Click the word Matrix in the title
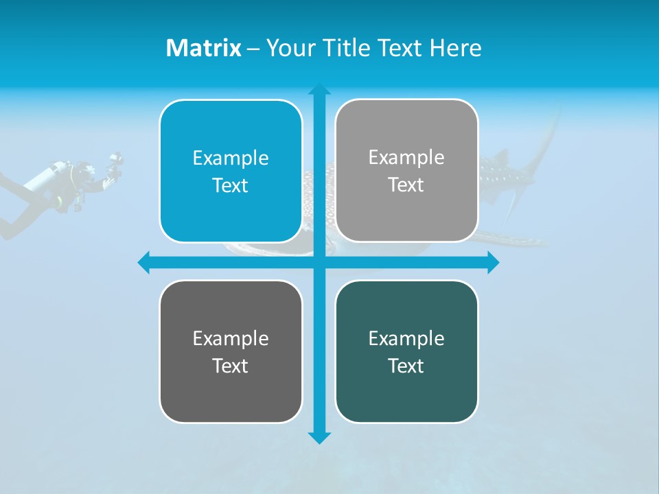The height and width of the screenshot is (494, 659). [204, 48]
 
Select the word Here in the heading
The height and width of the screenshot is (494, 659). [455, 48]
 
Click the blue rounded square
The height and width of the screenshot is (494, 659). [231, 171]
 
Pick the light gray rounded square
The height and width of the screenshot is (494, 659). [406, 171]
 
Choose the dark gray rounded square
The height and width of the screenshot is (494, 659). [231, 351]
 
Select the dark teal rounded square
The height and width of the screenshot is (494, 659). [406, 351]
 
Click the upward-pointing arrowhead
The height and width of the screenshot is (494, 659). [319, 89]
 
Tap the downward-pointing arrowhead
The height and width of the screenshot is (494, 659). [319, 438]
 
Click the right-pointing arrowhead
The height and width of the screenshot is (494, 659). [493, 262]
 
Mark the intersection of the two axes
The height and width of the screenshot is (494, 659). [319, 262]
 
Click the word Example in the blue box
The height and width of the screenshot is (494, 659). [231, 158]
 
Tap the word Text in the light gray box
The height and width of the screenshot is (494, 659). [406, 185]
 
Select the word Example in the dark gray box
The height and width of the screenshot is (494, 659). [231, 338]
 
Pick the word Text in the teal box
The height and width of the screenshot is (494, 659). [406, 366]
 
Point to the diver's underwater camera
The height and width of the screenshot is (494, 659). [115, 163]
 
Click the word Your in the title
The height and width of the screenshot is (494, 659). [288, 48]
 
